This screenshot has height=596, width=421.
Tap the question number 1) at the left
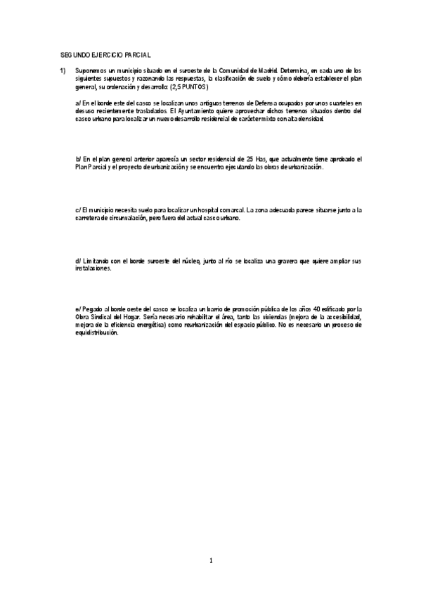[63, 71]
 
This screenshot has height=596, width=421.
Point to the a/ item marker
[77, 103]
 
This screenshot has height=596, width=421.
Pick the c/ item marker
[77, 210]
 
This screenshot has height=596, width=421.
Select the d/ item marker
[77, 261]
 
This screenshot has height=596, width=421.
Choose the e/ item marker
[77, 309]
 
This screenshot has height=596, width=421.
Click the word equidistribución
[96, 333]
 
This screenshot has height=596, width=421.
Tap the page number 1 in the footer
[210, 561]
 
